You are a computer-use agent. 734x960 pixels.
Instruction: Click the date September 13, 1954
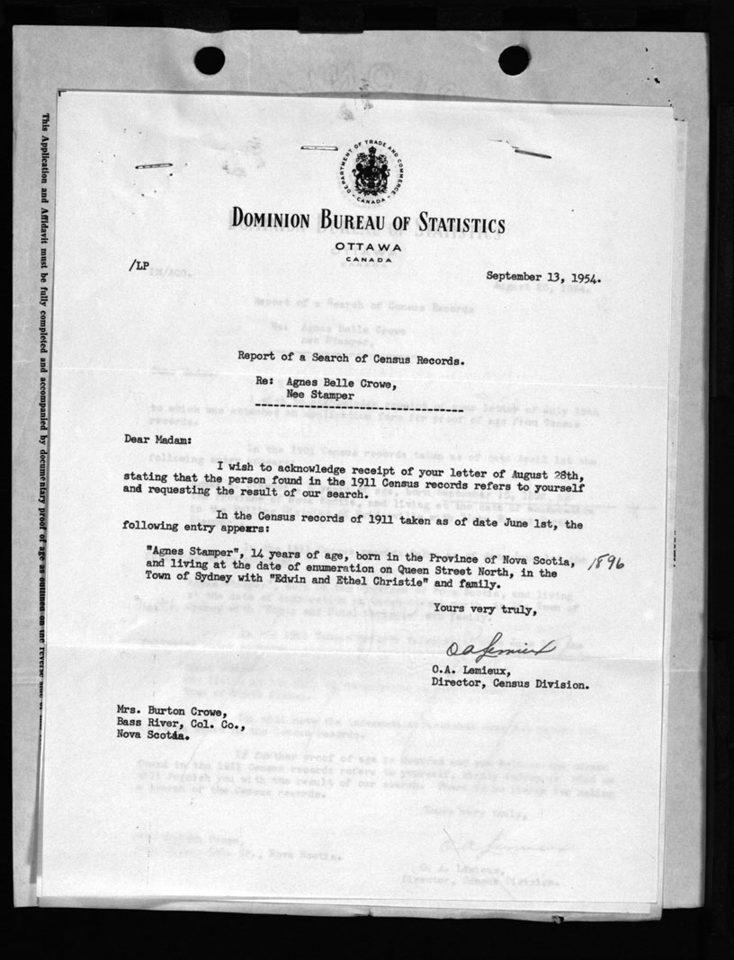(x=543, y=277)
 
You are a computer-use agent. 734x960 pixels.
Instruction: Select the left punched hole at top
(x=210, y=60)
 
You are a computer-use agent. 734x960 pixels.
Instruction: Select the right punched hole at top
(x=514, y=60)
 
